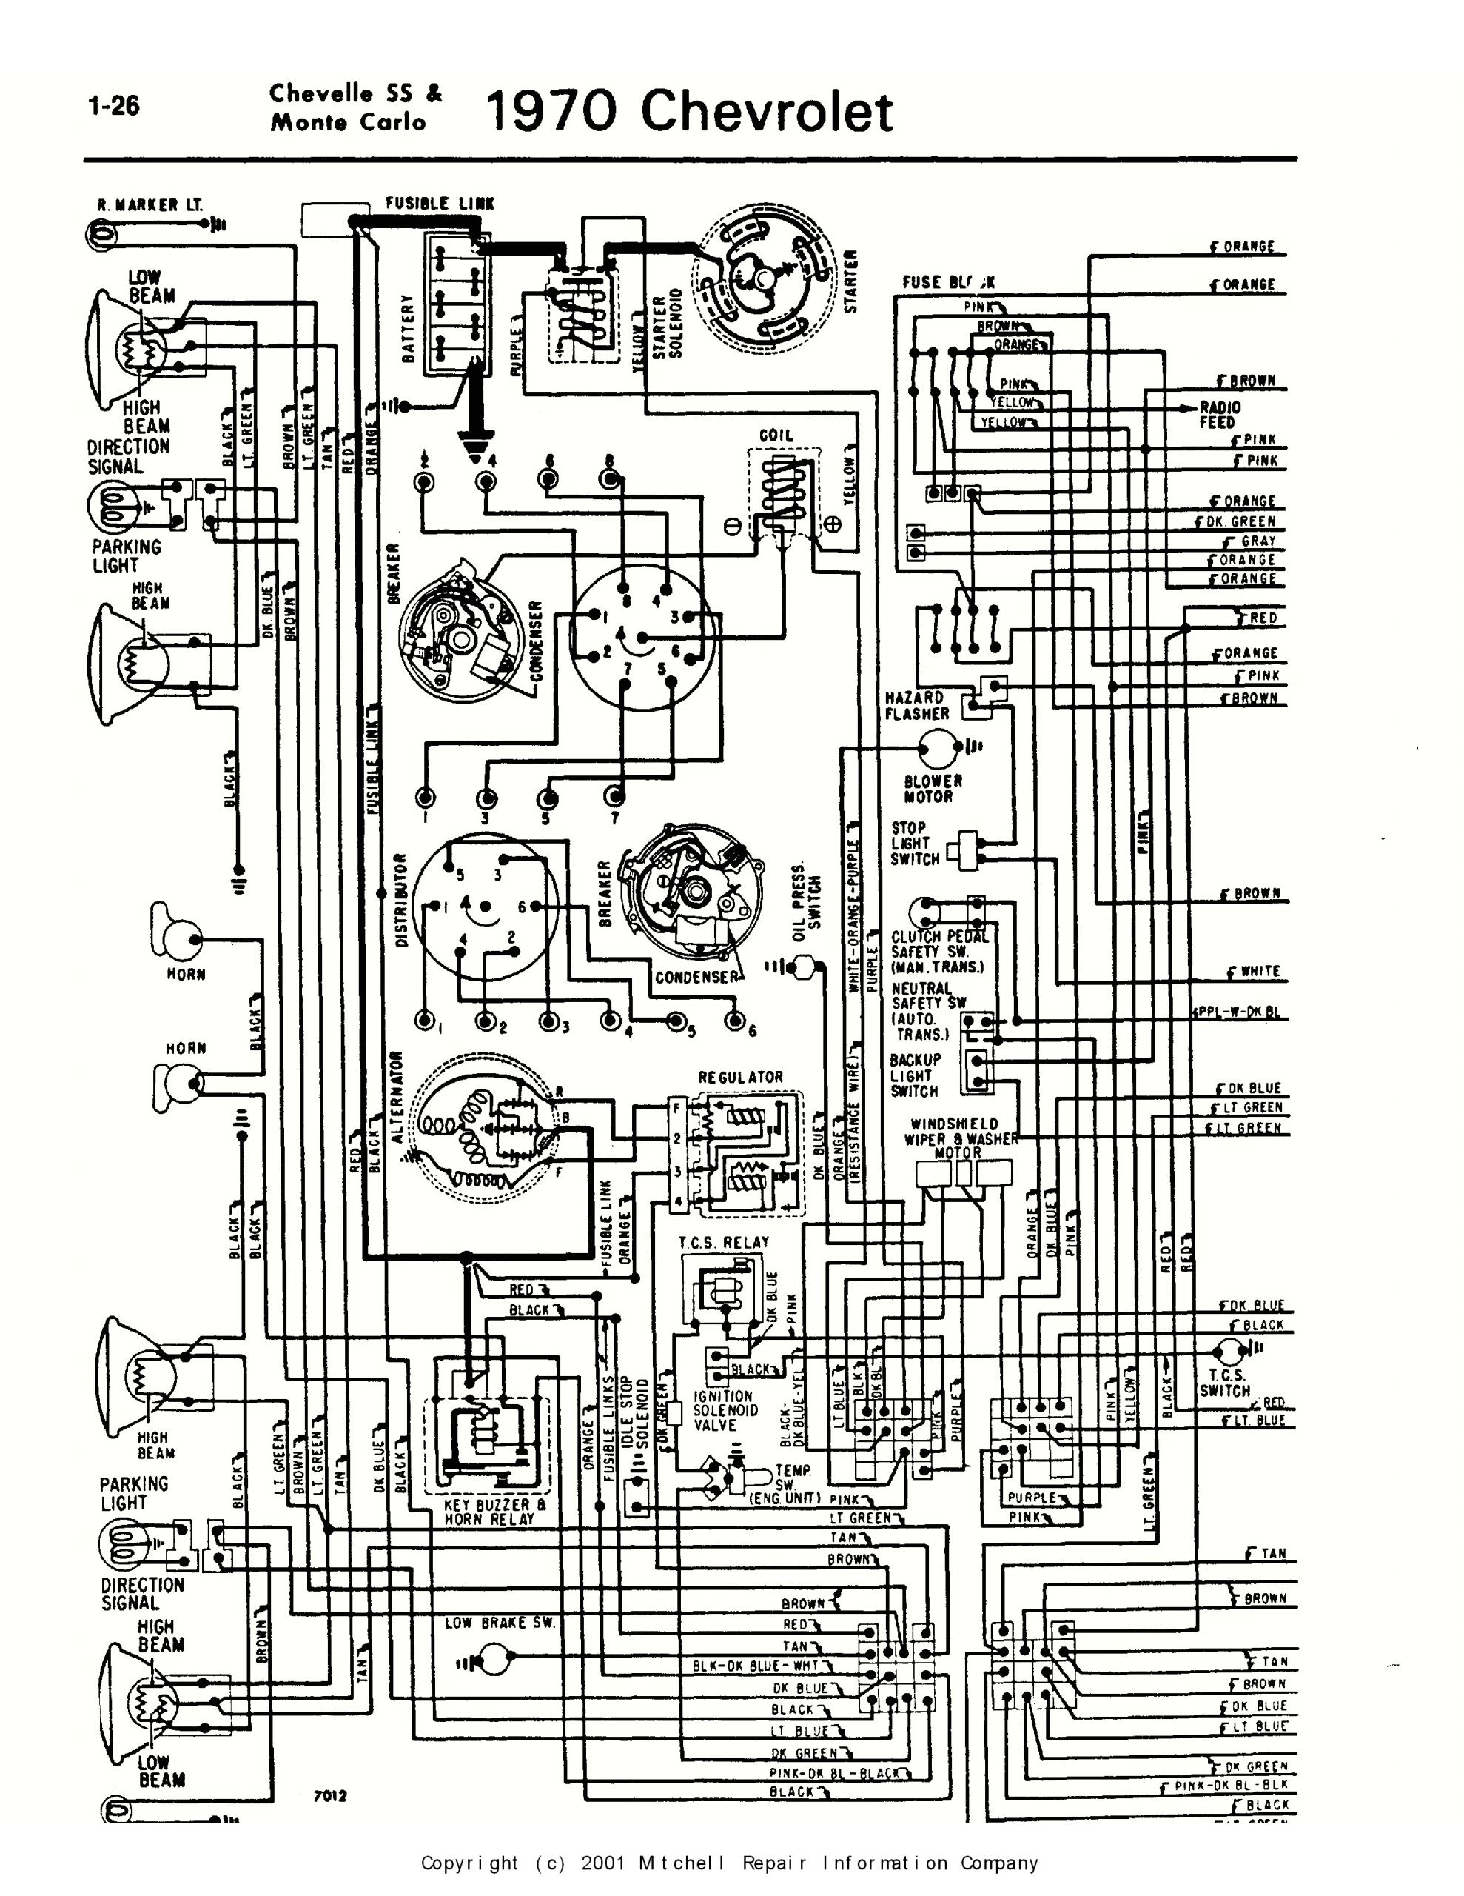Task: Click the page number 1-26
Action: click(x=114, y=106)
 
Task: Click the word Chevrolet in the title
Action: click(x=765, y=113)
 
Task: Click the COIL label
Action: click(x=775, y=435)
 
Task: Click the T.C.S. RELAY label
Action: click(x=724, y=1242)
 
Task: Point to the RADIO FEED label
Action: click(x=1219, y=415)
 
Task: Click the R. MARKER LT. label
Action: click(x=150, y=206)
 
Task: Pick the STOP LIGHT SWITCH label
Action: click(x=914, y=843)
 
